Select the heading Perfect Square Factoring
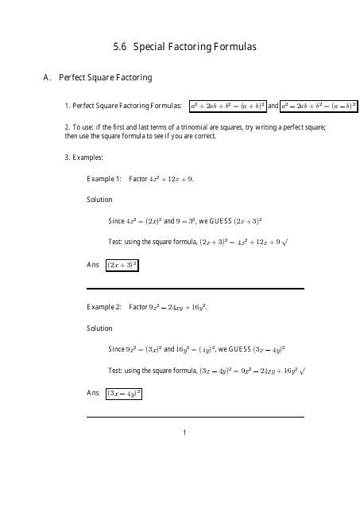click(x=105, y=78)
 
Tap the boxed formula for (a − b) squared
click(x=319, y=106)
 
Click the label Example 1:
click(x=104, y=179)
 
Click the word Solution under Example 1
click(x=99, y=200)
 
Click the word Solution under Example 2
click(x=99, y=328)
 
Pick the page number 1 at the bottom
click(x=184, y=433)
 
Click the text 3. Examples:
click(x=83, y=157)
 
